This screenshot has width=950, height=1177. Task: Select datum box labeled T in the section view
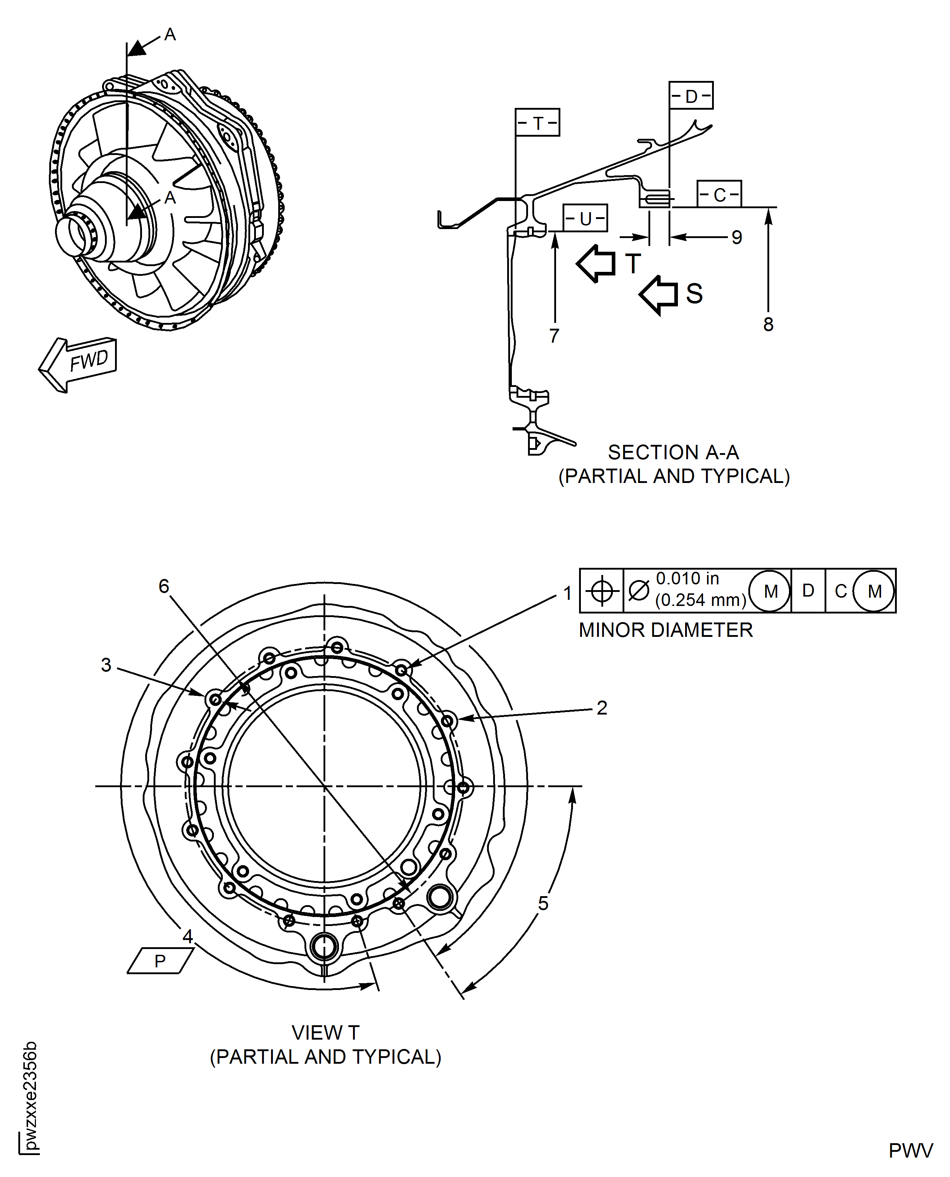coord(537,123)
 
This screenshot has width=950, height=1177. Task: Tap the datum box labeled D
coord(690,96)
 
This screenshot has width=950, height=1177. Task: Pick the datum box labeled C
coord(719,194)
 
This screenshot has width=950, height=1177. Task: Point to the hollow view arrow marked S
coord(658,295)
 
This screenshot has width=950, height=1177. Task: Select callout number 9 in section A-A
coord(736,237)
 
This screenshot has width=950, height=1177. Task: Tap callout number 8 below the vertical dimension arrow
coord(768,324)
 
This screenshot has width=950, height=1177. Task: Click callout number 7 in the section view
coord(554,336)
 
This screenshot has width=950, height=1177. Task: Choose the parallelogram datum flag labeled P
coord(160,961)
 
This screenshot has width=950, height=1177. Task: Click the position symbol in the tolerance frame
coord(601,591)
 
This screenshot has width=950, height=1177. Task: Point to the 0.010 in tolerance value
coord(687,579)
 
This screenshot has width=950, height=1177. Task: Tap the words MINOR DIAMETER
coord(665,630)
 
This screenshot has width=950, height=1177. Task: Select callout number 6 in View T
coord(164,586)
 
